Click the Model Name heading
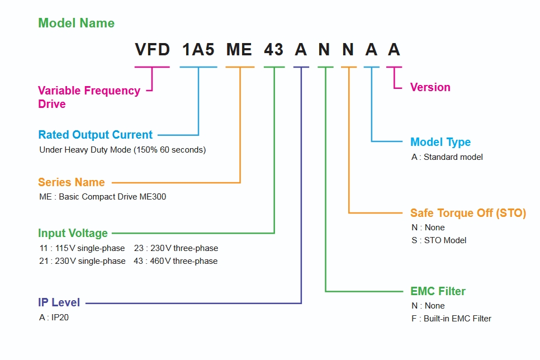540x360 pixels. coord(76,23)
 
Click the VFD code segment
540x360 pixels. coord(152,50)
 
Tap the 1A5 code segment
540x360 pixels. coord(198,50)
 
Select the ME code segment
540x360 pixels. coord(239,50)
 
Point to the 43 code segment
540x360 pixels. coord(274,50)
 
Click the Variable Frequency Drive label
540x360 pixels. coord(89,97)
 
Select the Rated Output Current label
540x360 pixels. coord(95,135)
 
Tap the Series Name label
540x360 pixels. coord(71,182)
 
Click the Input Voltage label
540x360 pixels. coord(73,233)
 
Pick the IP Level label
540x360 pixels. coord(59,302)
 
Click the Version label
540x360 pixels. coord(430,87)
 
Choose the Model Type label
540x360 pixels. coord(440,142)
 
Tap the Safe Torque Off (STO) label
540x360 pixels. coord(468,213)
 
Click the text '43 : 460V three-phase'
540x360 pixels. coord(176,261)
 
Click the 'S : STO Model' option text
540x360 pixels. coord(438,240)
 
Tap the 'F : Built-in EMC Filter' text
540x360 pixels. coord(451,319)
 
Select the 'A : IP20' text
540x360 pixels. coord(54,318)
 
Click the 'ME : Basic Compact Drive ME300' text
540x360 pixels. coord(102,197)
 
